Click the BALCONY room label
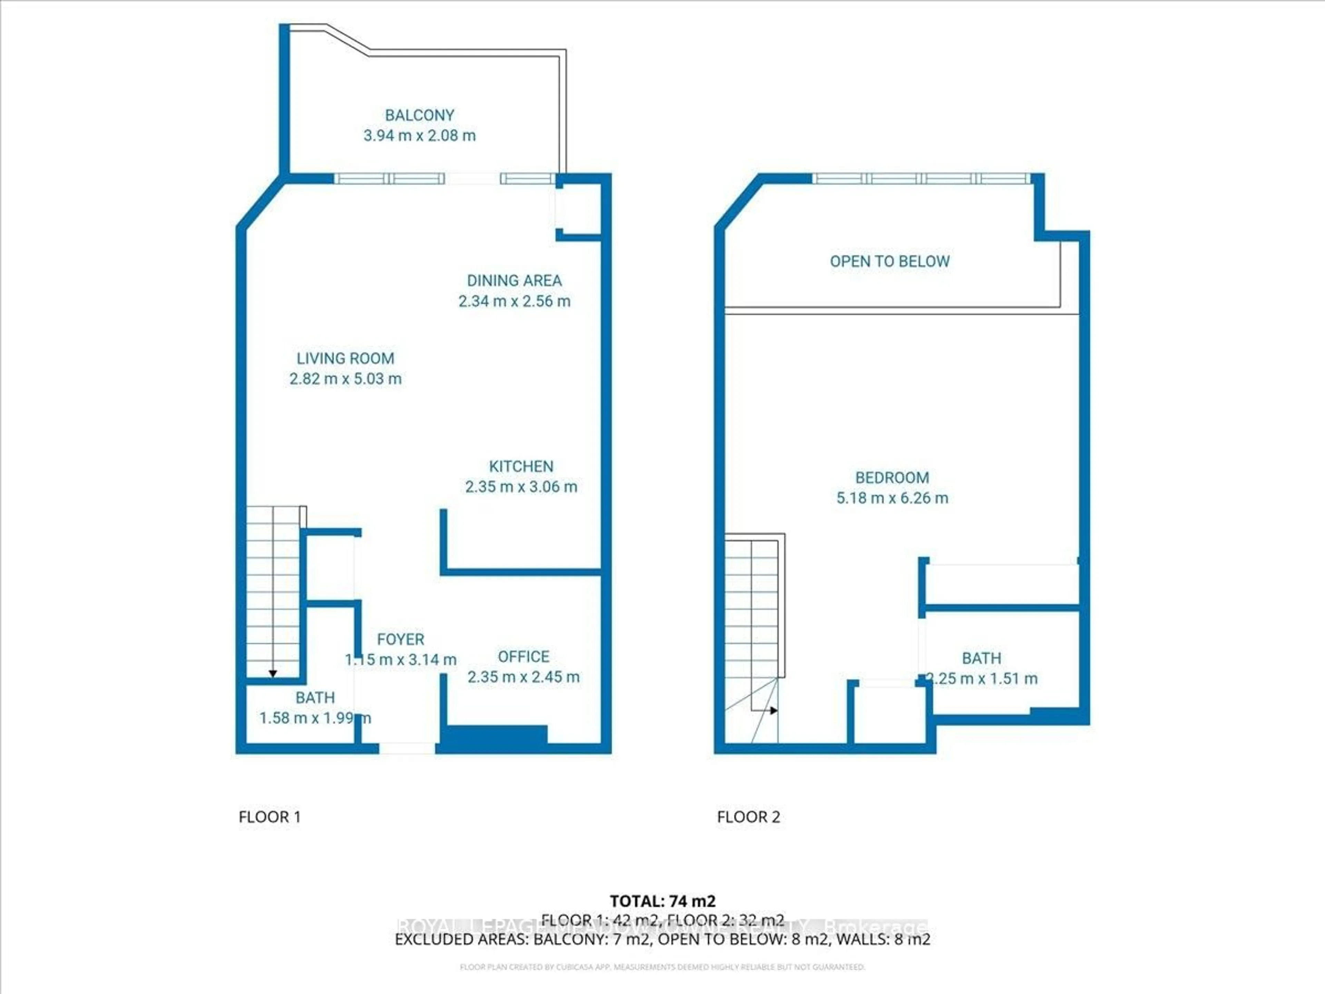[x=419, y=115]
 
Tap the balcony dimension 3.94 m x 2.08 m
[x=419, y=135]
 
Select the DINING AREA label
[x=514, y=280]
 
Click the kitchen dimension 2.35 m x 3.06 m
[x=521, y=487]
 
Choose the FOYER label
[x=400, y=639]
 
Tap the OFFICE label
[x=523, y=657]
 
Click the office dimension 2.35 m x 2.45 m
[x=523, y=677]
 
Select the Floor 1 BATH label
[x=315, y=698]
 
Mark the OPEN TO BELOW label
[x=890, y=261]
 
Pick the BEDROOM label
[x=892, y=478]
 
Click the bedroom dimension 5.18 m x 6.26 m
[x=892, y=498]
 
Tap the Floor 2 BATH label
[x=981, y=659]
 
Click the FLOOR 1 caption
[x=269, y=817]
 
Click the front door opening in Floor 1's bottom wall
[x=407, y=748]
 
